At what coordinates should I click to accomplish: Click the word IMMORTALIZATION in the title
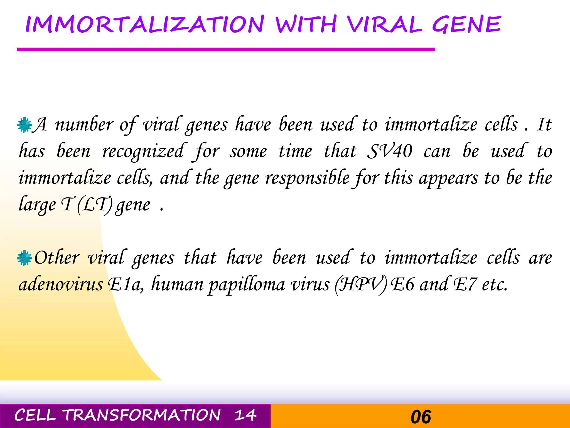click(x=145, y=25)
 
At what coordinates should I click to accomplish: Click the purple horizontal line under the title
click(x=226, y=50)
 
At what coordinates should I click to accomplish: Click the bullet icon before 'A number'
click(x=24, y=125)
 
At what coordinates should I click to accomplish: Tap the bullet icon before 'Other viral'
click(x=24, y=258)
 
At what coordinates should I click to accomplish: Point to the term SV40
click(x=390, y=151)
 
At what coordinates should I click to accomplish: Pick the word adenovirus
click(x=61, y=285)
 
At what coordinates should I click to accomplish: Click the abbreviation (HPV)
click(x=361, y=285)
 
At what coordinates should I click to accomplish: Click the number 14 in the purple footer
click(x=245, y=415)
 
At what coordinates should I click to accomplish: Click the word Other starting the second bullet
click(x=57, y=258)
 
